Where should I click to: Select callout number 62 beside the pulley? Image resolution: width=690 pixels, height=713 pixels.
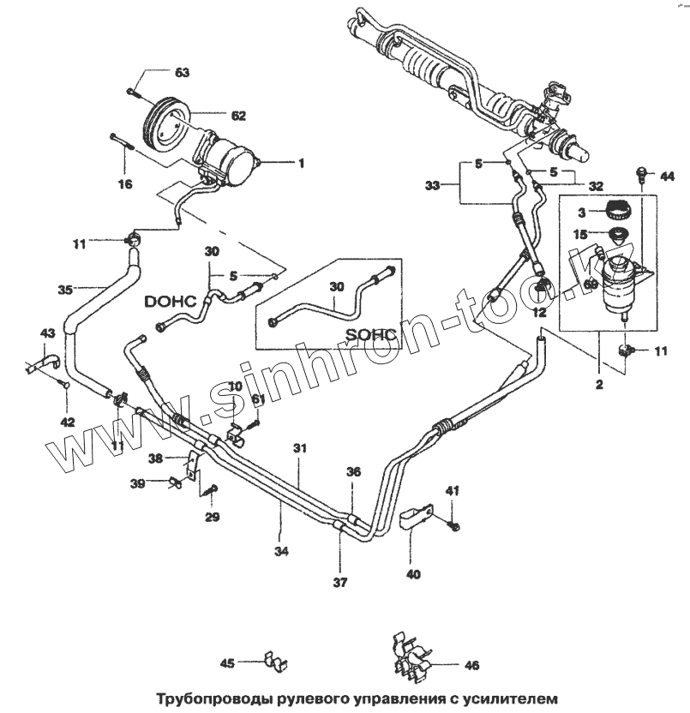pos(237,114)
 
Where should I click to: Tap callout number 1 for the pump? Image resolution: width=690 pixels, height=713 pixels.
pos(300,163)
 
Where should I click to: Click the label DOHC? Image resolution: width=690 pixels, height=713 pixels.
pos(171,301)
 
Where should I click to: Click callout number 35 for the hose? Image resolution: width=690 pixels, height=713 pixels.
pos(65,290)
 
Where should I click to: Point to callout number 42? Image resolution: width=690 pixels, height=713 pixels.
pos(68,422)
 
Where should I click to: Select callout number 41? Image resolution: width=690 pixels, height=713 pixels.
pos(453,490)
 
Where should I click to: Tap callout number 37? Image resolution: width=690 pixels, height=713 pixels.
pos(339,583)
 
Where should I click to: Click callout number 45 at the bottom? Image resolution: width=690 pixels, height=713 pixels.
pos(227,662)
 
